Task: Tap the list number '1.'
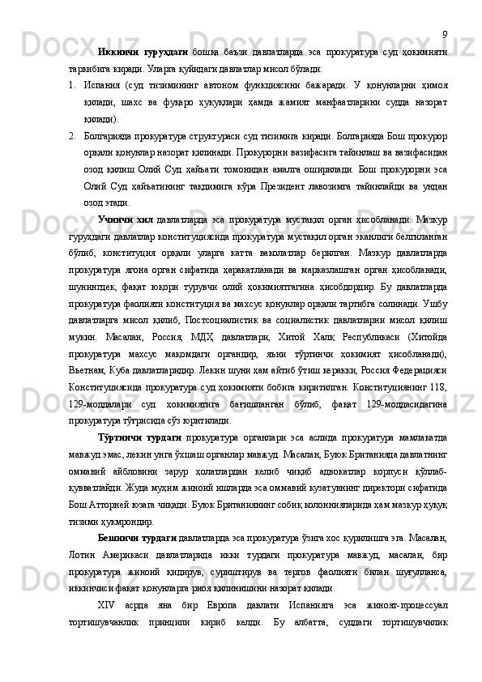tap(74, 85)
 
